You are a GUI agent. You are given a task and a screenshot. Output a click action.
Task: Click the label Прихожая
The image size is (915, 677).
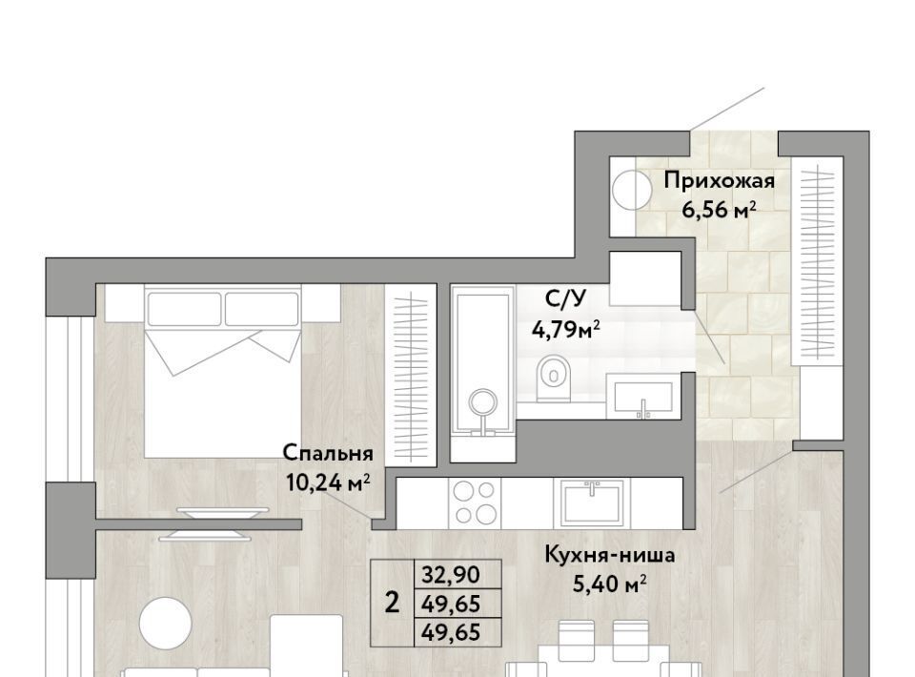click(x=719, y=181)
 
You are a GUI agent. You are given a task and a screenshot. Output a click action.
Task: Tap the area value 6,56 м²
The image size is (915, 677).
click(x=719, y=210)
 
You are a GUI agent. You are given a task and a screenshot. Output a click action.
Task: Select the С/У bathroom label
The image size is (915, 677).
click(x=565, y=299)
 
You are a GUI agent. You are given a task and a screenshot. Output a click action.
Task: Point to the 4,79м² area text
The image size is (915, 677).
click(x=566, y=331)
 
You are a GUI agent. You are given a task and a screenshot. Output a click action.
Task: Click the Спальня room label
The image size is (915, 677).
click(x=327, y=454)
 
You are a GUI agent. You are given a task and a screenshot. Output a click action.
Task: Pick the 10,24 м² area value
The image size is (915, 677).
click(x=328, y=482)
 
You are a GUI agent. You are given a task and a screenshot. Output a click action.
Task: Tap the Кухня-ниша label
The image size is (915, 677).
click(x=610, y=555)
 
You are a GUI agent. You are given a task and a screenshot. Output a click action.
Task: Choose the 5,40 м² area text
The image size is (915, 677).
click(x=609, y=584)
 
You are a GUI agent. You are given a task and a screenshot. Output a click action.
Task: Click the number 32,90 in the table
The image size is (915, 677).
click(x=451, y=575)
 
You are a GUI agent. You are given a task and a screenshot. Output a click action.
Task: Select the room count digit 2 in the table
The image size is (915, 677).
click(x=392, y=603)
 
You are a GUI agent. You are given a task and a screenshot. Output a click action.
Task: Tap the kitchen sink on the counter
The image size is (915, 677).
click(x=592, y=502)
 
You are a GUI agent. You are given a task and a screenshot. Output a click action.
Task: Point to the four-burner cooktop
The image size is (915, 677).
click(x=475, y=502)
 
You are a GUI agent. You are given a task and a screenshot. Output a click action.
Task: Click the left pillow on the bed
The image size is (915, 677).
click(x=184, y=309)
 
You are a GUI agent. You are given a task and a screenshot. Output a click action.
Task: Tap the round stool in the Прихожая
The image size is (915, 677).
click(x=631, y=190)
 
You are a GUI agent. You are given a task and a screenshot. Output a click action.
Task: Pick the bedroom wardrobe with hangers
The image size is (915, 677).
click(x=411, y=375)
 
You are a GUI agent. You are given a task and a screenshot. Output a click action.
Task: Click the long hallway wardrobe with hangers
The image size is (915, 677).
click(x=817, y=261)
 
